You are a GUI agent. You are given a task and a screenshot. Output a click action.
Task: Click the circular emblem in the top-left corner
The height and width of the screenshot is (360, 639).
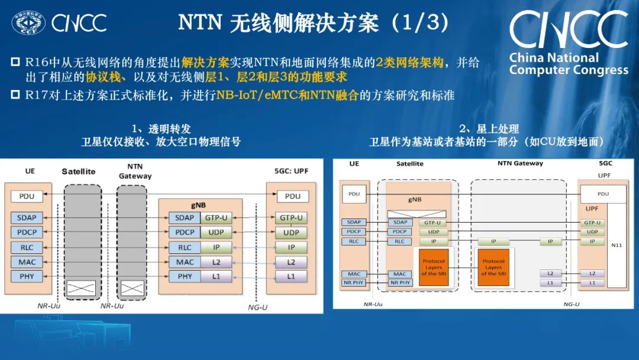[x=28, y=22]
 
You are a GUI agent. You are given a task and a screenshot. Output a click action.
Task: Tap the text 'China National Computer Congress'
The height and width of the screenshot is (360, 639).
[x=568, y=64]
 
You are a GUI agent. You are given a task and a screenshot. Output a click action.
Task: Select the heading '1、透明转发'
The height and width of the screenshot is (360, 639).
[x=161, y=128]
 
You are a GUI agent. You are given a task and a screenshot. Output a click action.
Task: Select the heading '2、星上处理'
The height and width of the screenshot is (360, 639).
[x=489, y=128]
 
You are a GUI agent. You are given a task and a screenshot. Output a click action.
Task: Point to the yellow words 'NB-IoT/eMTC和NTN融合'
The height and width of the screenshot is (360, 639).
[x=288, y=95]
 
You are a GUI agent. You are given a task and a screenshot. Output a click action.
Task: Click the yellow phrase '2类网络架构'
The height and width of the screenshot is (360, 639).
[x=409, y=63]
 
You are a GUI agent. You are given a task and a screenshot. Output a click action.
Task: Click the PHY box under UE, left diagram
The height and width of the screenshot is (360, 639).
[x=27, y=276]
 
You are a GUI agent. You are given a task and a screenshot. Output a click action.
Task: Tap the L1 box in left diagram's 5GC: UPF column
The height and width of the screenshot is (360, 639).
[x=291, y=276]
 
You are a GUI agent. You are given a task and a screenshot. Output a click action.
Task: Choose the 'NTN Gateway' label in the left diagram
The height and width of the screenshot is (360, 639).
[x=135, y=171]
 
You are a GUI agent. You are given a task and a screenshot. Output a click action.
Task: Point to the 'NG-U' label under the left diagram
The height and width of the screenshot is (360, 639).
[x=257, y=307]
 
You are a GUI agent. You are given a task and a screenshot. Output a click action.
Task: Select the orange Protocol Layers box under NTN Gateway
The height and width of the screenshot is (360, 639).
[x=493, y=267]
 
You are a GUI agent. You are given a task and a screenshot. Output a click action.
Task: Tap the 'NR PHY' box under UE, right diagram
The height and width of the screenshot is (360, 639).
[x=354, y=282]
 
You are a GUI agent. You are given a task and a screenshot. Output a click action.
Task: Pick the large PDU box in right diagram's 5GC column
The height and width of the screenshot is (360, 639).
[x=602, y=194]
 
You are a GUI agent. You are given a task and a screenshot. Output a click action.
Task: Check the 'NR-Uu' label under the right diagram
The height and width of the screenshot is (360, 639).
[x=373, y=304]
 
